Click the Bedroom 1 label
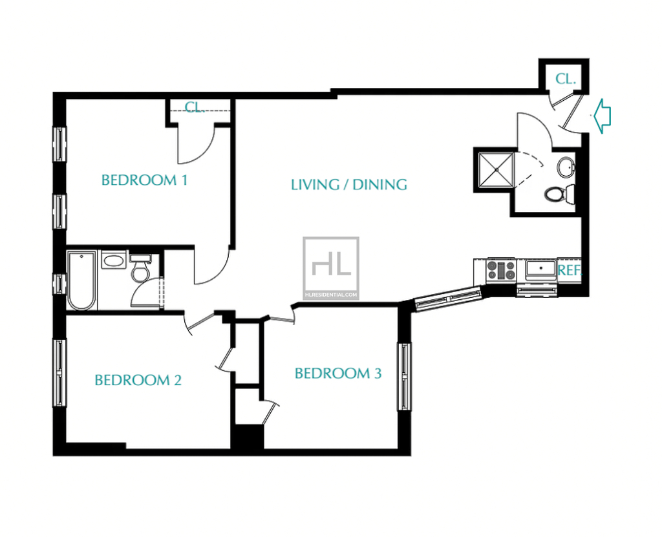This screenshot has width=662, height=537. click(144, 180)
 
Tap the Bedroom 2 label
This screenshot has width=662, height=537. click(138, 381)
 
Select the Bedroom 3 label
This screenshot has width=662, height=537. click(338, 374)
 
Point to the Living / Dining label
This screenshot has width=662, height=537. click(349, 184)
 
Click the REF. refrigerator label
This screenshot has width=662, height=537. click(570, 270)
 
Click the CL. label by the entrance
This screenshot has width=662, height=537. click(565, 79)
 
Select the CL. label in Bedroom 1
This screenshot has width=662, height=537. click(195, 107)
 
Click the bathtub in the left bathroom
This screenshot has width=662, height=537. click(81, 280)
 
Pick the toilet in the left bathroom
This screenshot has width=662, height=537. click(140, 269)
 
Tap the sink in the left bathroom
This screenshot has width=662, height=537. click(114, 260)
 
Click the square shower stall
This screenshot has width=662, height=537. click(496, 170)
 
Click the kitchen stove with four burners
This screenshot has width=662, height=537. click(501, 270)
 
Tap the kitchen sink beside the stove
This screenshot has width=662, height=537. click(540, 269)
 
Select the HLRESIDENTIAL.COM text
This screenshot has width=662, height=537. click(331, 295)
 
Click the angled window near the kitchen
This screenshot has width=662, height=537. click(448, 299)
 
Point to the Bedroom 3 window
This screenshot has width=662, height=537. click(405, 377)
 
